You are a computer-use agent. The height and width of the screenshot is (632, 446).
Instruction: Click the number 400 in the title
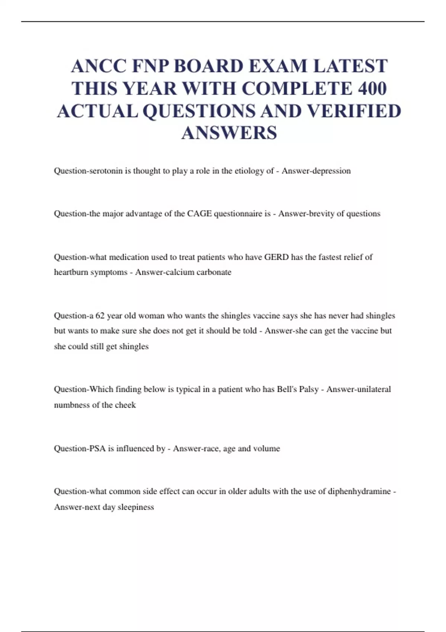(372, 88)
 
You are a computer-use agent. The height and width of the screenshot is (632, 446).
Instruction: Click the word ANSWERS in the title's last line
(229, 133)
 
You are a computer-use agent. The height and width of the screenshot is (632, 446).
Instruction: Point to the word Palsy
(309, 389)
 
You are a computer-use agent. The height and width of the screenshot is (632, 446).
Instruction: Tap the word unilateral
(374, 389)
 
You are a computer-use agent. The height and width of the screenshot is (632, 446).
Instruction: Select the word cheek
(125, 405)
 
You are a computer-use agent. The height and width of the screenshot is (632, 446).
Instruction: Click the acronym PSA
(97, 448)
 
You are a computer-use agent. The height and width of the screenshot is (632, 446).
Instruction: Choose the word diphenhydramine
(359, 491)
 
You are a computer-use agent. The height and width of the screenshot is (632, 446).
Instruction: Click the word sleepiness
(136, 507)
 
